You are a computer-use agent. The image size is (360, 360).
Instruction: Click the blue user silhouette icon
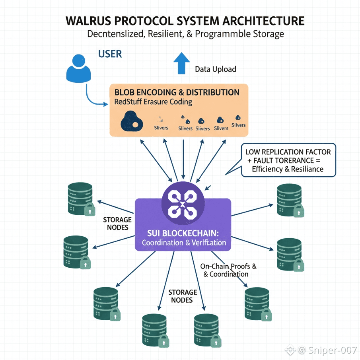coord(78,70)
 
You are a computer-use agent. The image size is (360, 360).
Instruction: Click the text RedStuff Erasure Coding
coord(153,102)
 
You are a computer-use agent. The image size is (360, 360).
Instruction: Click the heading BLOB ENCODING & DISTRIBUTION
coord(177,92)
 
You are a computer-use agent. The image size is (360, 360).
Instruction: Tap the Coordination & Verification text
coord(184,243)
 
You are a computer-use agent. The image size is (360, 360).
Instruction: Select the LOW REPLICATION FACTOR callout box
coord(288,160)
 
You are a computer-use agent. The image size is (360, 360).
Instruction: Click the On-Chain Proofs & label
coord(228,266)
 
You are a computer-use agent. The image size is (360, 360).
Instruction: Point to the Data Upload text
coord(216,69)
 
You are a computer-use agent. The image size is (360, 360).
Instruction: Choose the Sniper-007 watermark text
coord(332,350)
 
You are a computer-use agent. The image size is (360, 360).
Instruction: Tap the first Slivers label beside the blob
coord(161,128)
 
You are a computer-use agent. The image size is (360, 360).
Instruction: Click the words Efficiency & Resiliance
coord(288,169)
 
